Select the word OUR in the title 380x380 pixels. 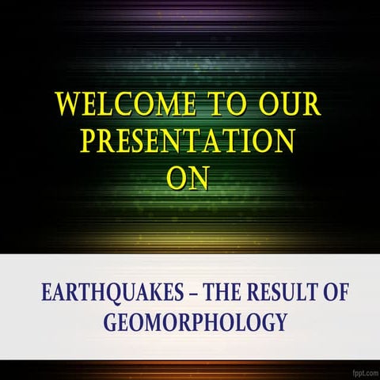289,105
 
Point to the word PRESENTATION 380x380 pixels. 188,142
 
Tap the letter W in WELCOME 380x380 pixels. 67,105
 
